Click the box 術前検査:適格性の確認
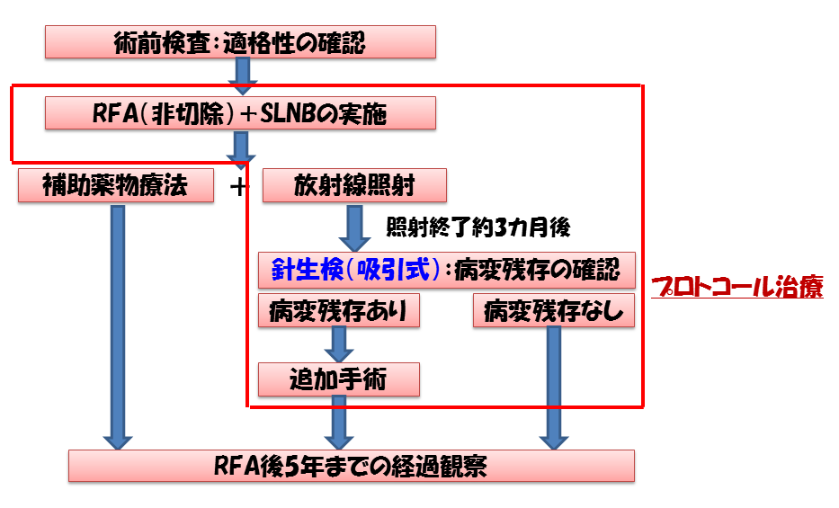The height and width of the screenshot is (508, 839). (x=240, y=42)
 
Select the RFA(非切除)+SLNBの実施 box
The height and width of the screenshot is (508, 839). (x=240, y=114)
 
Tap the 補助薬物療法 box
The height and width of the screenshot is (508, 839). (x=116, y=186)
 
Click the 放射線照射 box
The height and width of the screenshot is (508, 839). (x=354, y=186)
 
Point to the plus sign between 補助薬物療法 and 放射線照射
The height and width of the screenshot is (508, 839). (x=238, y=187)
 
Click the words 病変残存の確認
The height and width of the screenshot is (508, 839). (x=537, y=268)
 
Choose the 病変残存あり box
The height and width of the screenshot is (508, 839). (x=338, y=310)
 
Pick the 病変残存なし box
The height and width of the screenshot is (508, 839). (x=553, y=310)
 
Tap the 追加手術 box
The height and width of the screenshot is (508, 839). (x=338, y=379)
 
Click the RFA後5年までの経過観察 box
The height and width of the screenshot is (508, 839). (x=352, y=466)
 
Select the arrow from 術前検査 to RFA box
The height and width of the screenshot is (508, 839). (x=242, y=77)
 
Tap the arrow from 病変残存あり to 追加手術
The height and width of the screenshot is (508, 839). (x=339, y=344)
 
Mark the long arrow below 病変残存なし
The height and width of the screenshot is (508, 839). (x=553, y=387)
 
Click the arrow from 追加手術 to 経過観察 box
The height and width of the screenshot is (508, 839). (x=339, y=423)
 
